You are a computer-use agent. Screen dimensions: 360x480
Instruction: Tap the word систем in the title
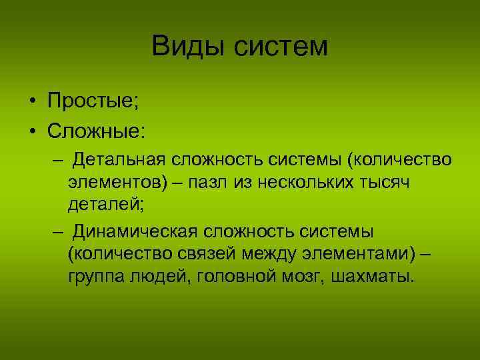[x=278, y=47]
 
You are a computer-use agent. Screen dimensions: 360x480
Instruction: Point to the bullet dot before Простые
[x=32, y=102]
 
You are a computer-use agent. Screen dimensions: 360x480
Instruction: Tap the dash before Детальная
[x=59, y=161]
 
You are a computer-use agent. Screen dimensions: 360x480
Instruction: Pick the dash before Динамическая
[x=59, y=231]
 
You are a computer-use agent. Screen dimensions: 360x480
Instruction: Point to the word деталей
[x=105, y=205]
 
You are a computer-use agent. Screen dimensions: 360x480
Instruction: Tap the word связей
[x=199, y=253]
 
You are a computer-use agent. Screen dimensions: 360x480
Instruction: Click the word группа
[x=99, y=276]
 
